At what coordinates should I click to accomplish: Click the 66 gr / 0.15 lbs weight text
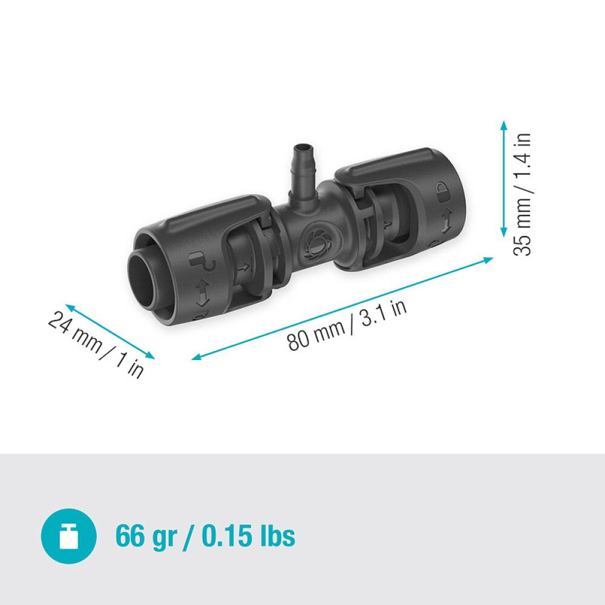205,535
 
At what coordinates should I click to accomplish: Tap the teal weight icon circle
68,536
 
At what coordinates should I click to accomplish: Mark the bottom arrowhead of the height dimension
503,235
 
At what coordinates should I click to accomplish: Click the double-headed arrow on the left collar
201,293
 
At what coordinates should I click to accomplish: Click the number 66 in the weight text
131,535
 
